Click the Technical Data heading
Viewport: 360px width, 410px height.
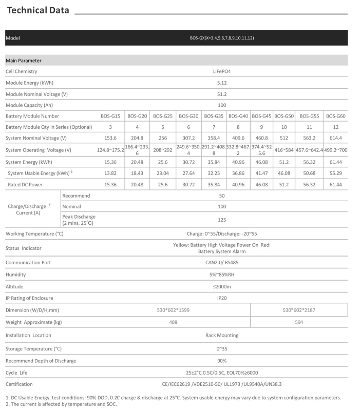click(x=37, y=11)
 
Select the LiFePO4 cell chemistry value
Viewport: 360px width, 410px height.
click(x=222, y=71)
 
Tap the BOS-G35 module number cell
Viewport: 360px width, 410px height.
click(x=214, y=116)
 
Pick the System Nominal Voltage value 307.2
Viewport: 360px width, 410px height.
click(x=188, y=138)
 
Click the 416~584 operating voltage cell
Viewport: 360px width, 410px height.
click(x=283, y=150)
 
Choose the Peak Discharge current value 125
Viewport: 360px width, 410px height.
click(x=222, y=220)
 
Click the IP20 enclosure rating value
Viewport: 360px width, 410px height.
click(x=222, y=298)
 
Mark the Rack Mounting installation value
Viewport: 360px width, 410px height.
click(x=222, y=335)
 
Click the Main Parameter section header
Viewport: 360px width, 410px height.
click(x=24, y=61)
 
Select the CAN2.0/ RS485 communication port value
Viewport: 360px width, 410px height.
click(x=222, y=262)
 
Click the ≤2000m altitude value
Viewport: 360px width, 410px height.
click(x=222, y=286)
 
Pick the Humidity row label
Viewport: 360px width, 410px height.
click(x=15, y=275)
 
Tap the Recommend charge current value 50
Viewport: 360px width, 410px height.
click(x=222, y=196)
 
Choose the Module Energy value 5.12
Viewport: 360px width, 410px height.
click(x=222, y=83)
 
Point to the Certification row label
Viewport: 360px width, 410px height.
click(x=19, y=384)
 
